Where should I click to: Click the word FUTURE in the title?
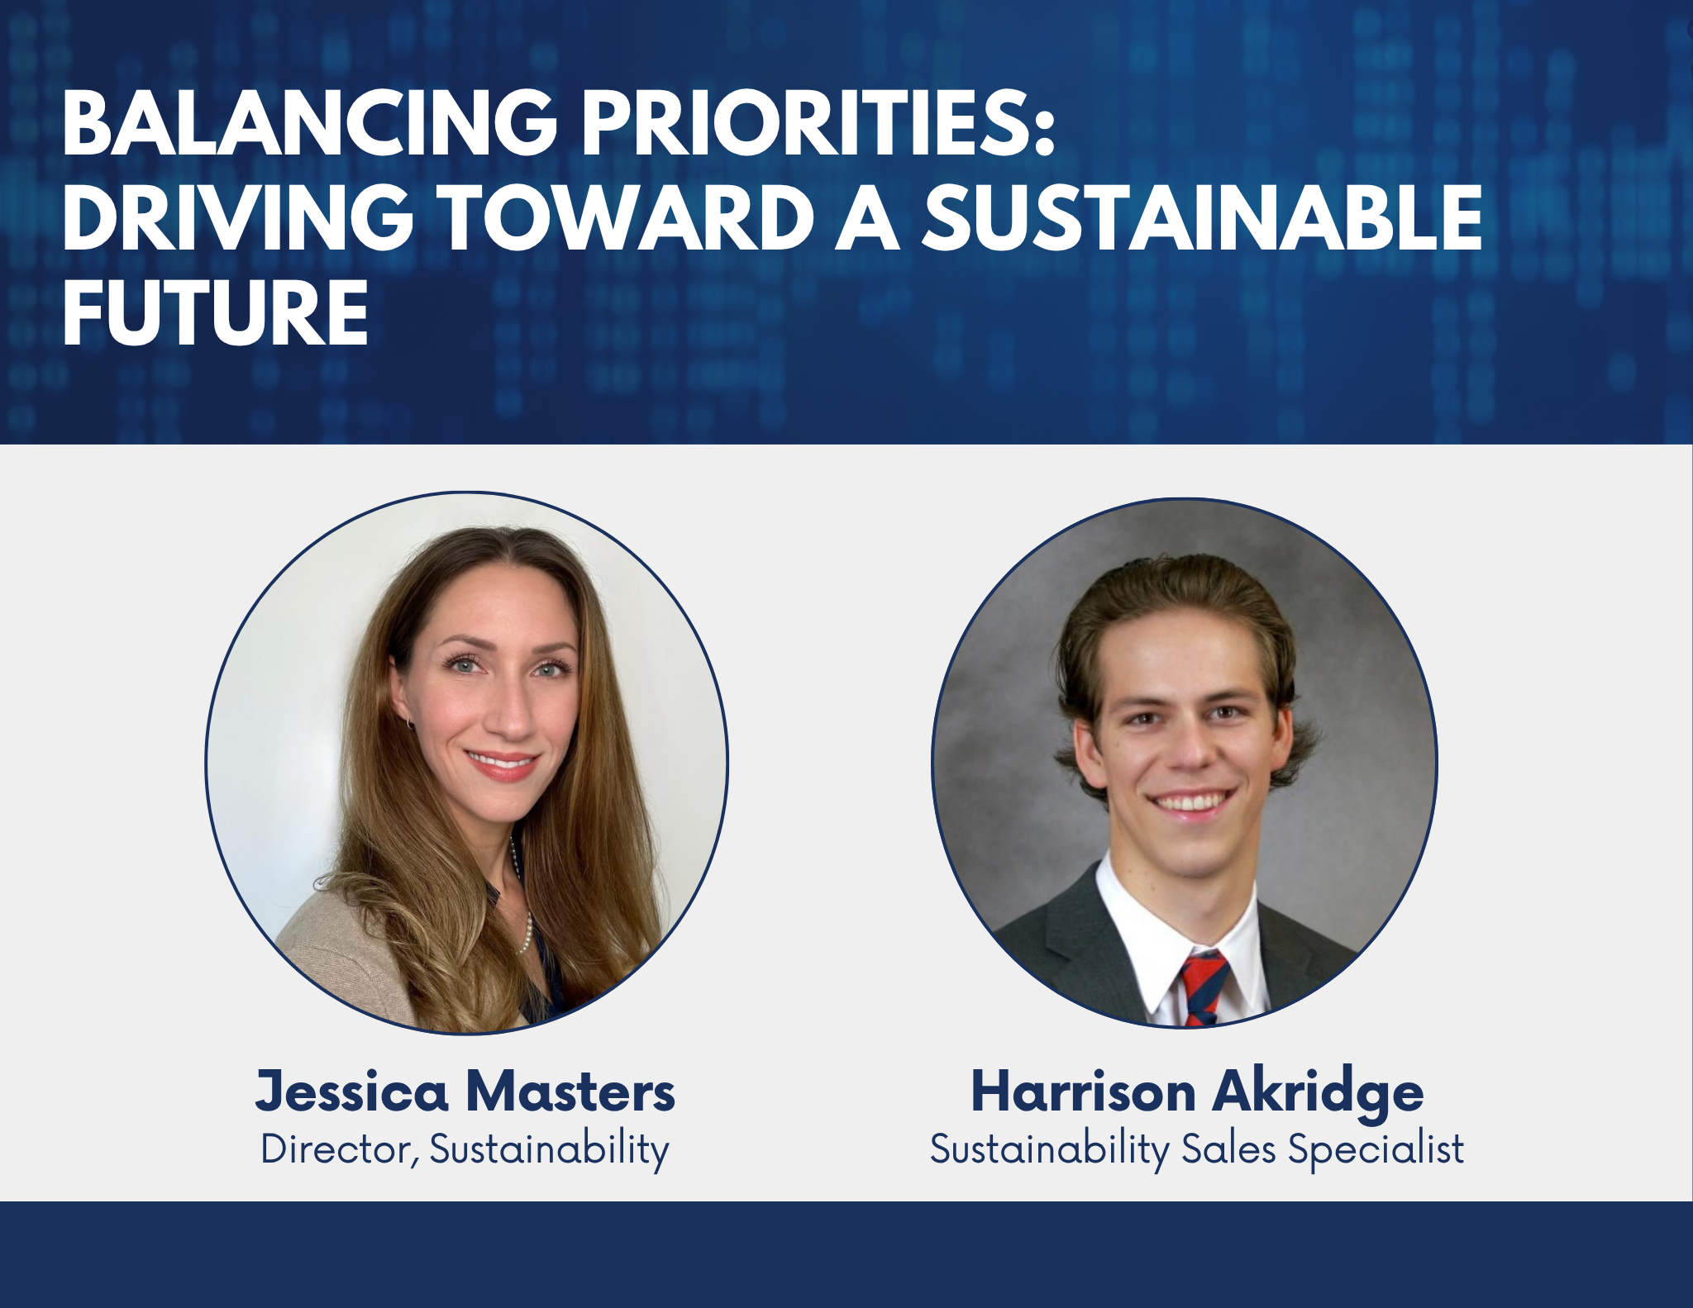215,312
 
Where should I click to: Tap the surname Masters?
570,1092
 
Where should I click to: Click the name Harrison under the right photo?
1083,1091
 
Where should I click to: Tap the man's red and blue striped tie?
1204,988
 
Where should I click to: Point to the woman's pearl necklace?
520,897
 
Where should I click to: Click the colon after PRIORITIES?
1045,133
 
